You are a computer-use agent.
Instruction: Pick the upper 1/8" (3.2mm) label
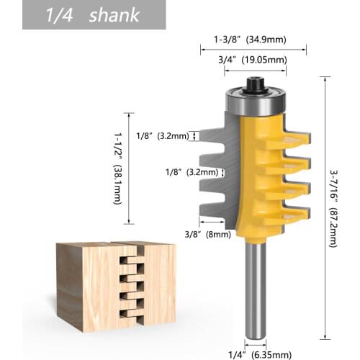166,135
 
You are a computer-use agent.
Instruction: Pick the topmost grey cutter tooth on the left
213,137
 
